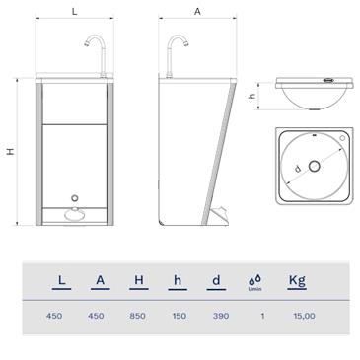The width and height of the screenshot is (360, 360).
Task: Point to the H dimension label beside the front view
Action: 10,151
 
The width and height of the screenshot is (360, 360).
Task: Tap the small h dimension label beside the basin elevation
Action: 252,97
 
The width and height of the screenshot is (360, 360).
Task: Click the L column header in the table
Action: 62,281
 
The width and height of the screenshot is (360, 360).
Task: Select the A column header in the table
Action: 101,281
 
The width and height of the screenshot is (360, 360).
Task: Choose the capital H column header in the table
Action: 139,281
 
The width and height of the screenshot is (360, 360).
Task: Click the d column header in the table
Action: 216,281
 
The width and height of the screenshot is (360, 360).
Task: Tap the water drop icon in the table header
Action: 254,281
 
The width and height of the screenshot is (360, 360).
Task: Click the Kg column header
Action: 295,281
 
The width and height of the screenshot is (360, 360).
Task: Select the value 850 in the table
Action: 139,316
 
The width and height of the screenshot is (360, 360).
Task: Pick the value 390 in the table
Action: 216,316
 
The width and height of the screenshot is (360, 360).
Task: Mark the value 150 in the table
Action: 178,316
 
